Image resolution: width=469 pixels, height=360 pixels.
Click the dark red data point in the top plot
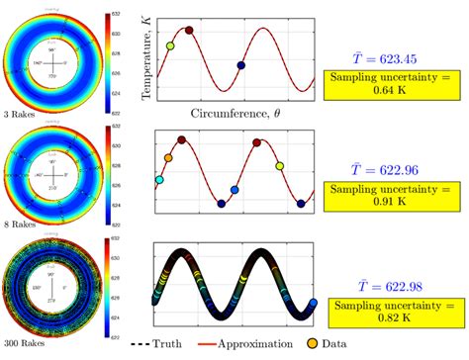[x=189, y=31]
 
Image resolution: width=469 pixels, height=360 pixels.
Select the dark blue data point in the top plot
[x=240, y=66]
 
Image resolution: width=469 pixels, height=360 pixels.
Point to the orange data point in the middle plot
[x=167, y=158]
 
